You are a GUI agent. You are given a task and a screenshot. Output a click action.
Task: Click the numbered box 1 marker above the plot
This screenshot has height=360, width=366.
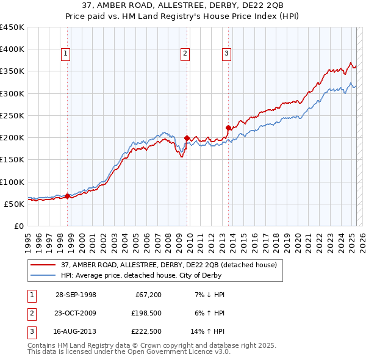point(65,54)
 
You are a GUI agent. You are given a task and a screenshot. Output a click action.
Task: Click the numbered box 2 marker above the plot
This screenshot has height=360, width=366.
point(184,54)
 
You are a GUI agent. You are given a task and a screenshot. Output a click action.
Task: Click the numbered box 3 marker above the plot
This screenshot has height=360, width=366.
point(226,54)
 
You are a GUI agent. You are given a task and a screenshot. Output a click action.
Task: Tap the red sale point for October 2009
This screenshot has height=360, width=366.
point(187,138)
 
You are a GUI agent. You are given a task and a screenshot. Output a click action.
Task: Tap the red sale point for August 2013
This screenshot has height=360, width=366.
point(228,128)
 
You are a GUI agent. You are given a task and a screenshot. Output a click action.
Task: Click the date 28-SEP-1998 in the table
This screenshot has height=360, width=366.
point(76,295)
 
